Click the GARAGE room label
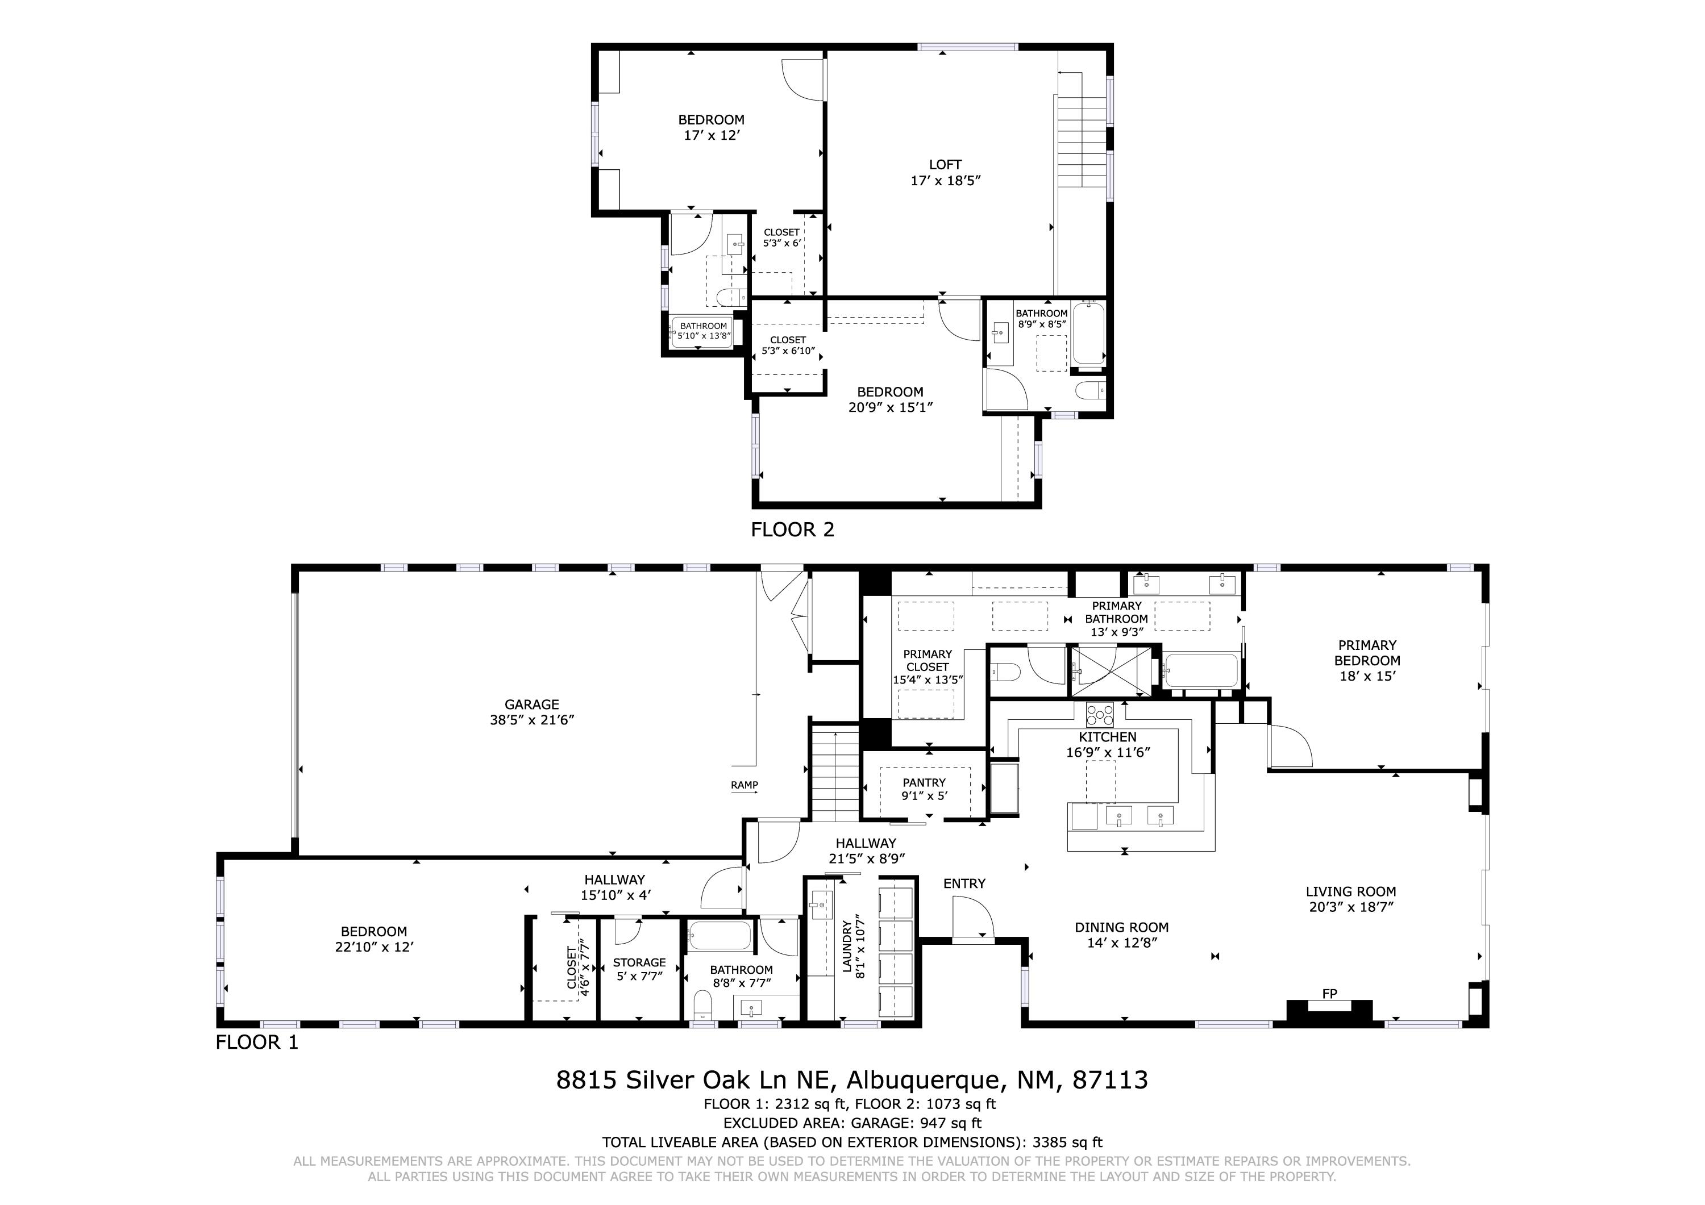coord(532,704)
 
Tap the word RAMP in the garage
coord(744,785)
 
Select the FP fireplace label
coord(1329,994)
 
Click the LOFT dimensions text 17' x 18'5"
coord(945,181)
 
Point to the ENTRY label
coord(964,883)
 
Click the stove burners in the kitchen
coord(1100,715)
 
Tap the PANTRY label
coord(924,782)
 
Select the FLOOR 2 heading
coord(792,529)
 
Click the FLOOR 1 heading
coord(257,1043)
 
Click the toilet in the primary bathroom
coord(1006,672)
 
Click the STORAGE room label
coord(639,962)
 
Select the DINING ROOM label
coord(1121,927)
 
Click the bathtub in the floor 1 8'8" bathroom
coord(719,936)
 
